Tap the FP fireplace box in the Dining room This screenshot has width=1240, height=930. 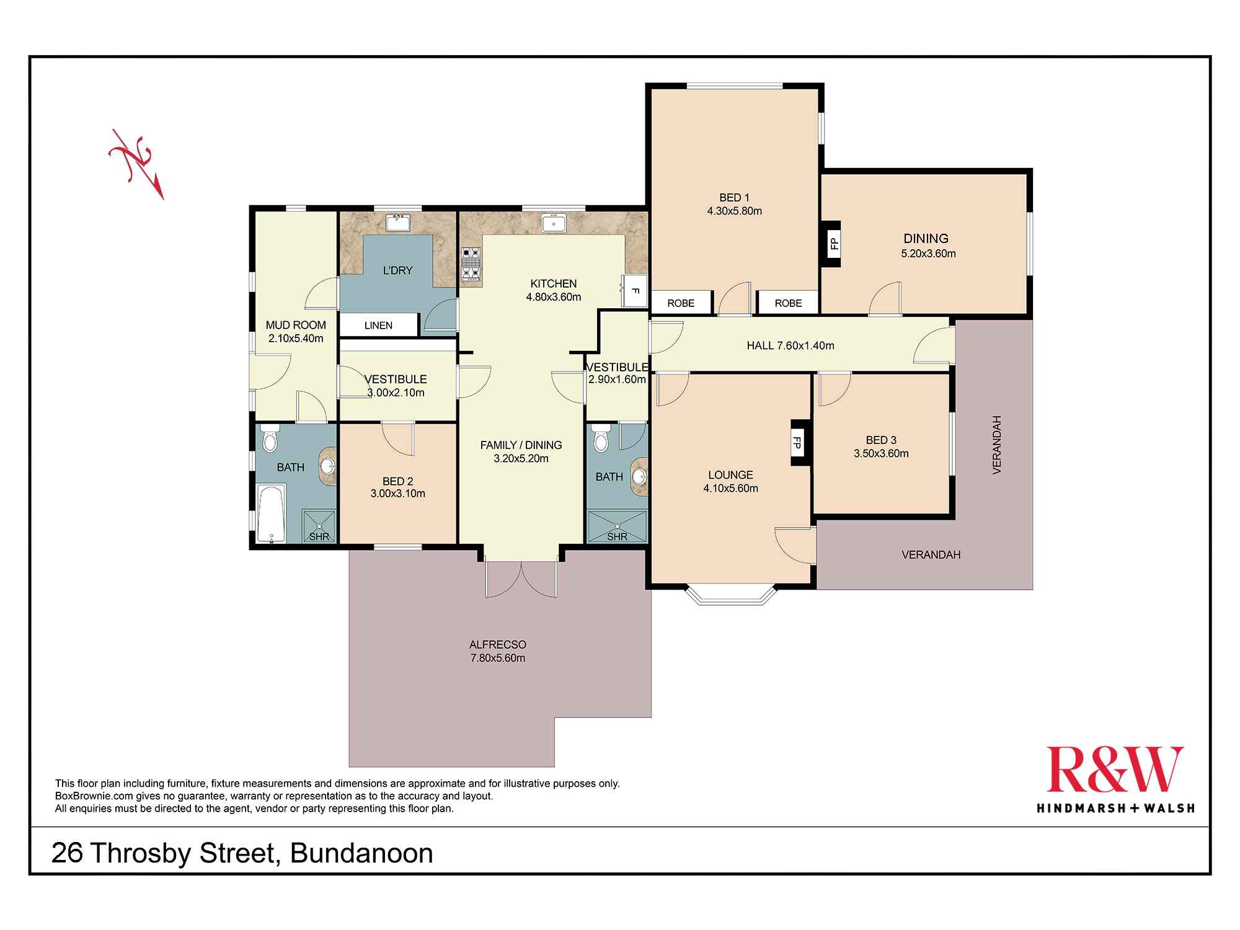pyautogui.click(x=833, y=244)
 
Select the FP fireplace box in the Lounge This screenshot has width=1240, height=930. pyautogui.click(x=797, y=443)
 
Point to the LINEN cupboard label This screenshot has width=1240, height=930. pyautogui.click(x=378, y=325)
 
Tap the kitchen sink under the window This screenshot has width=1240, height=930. pyautogui.click(x=553, y=223)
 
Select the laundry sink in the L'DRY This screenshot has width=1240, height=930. pyautogui.click(x=397, y=223)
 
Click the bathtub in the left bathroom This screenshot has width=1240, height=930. pyautogui.click(x=272, y=513)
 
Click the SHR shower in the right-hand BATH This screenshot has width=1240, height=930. pyautogui.click(x=617, y=527)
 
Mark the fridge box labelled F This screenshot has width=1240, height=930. pyautogui.click(x=635, y=290)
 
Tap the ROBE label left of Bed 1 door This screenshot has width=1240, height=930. pyautogui.click(x=681, y=303)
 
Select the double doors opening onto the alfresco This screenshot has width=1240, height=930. pyautogui.click(x=521, y=580)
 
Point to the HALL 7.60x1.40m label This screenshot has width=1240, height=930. pyautogui.click(x=790, y=345)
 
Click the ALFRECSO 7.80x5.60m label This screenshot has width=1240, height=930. pyautogui.click(x=497, y=651)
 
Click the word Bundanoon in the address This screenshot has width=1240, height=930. pyautogui.click(x=361, y=853)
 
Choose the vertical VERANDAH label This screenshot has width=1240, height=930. pyautogui.click(x=996, y=445)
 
